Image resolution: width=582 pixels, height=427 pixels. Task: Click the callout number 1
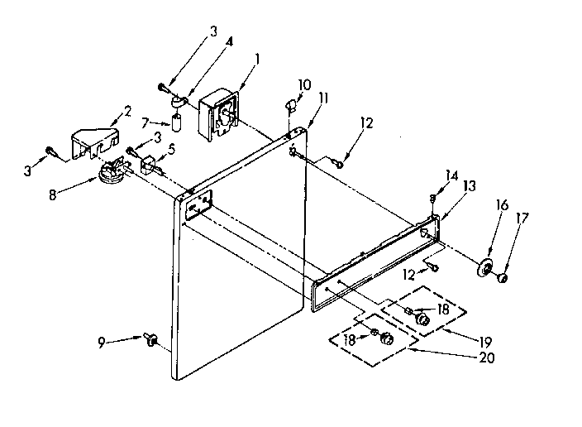tap(257, 59)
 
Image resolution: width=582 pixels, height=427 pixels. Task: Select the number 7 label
tap(146, 122)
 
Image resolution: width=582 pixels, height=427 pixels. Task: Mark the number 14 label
tap(451, 175)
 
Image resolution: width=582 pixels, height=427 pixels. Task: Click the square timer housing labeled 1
tap(220, 111)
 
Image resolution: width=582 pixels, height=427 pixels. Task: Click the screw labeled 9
tap(151, 339)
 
